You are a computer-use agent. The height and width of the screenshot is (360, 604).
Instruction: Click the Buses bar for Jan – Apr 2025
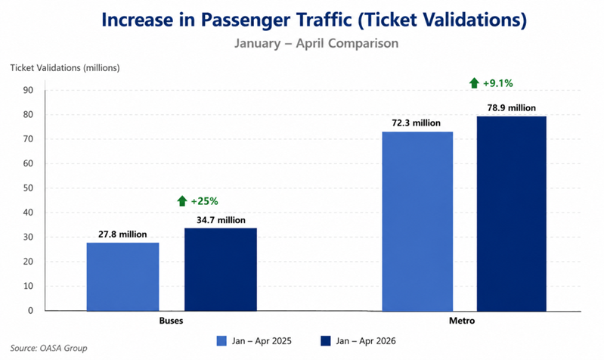[122, 276]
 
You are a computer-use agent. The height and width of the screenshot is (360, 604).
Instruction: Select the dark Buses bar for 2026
[221, 269]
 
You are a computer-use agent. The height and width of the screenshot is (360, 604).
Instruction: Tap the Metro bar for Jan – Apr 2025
[417, 222]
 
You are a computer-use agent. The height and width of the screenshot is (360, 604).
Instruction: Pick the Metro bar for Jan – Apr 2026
[512, 213]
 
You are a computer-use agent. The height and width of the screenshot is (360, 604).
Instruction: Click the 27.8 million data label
[122, 234]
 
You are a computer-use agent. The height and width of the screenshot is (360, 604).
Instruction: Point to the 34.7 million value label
[221, 220]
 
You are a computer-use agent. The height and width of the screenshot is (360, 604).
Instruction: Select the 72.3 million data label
[416, 123]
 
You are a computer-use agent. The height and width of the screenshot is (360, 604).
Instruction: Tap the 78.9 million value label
[512, 108]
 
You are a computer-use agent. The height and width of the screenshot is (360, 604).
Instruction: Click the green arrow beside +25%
[182, 201]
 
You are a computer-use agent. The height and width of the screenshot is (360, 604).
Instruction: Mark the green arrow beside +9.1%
[474, 83]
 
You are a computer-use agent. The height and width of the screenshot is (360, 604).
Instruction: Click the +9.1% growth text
[498, 83]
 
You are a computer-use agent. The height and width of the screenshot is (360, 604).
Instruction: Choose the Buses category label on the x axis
[171, 321]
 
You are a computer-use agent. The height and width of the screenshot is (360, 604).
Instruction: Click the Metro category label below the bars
[462, 321]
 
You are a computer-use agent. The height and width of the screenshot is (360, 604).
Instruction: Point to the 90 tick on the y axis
[29, 90]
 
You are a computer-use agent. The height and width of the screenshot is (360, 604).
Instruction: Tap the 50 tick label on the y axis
[29, 188]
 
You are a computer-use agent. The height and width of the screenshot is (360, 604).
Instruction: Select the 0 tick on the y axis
[31, 311]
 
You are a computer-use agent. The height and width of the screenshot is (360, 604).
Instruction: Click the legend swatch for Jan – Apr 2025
[221, 341]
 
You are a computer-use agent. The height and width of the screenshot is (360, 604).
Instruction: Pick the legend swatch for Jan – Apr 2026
[326, 341]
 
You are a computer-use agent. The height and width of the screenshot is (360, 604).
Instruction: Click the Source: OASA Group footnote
[48, 348]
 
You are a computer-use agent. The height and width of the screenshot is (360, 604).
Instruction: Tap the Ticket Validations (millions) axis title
[65, 68]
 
